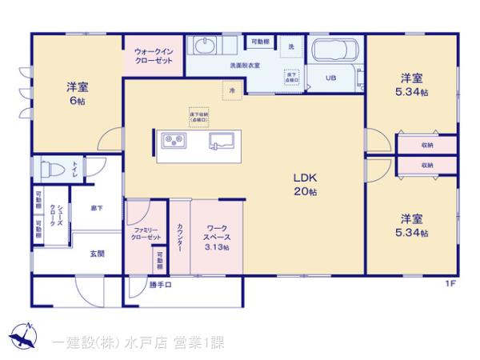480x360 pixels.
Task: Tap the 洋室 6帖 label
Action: pyautogui.click(x=77, y=94)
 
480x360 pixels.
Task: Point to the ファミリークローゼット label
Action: pyautogui.click(x=147, y=233)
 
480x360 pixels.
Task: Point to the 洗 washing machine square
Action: pyautogui.click(x=291, y=46)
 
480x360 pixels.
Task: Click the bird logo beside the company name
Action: pyautogui.click(x=24, y=334)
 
